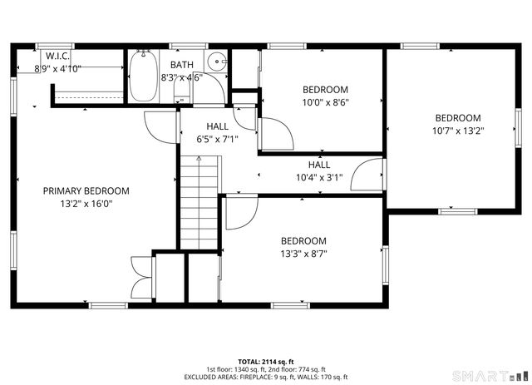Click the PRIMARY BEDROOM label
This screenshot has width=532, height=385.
pyautogui.click(x=86, y=190)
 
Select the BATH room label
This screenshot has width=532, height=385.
pyautogui.click(x=182, y=65)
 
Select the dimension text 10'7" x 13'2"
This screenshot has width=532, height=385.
pyautogui.click(x=457, y=131)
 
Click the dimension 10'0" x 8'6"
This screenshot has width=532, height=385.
pyautogui.click(x=325, y=103)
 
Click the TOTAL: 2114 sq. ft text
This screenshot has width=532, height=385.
pyautogui.click(x=265, y=362)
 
